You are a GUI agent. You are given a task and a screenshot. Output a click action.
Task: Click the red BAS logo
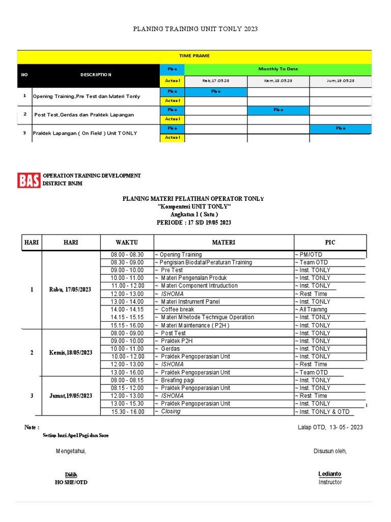29,180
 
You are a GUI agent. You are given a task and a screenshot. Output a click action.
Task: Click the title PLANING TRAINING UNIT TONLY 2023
195,29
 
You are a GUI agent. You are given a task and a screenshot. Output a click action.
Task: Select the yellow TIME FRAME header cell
194,56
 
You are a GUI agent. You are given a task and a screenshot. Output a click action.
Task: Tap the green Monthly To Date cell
278,69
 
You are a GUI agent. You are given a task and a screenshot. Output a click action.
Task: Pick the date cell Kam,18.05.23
278,81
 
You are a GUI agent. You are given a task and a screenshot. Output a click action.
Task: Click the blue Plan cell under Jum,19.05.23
341,128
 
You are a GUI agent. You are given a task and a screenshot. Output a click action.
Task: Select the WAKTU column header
126,243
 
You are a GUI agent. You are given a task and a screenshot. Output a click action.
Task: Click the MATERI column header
224,243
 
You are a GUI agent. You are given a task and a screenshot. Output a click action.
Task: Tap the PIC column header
330,243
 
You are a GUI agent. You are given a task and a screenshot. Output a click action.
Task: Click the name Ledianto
330,474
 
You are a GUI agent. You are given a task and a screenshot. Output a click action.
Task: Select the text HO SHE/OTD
71,482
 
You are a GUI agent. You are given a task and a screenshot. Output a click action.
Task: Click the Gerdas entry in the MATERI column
170,349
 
